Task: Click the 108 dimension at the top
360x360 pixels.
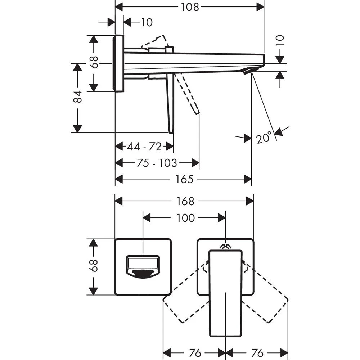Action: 190,7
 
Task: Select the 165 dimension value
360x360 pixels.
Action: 185,179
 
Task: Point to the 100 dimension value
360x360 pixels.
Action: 186,218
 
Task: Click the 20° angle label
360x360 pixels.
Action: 264,138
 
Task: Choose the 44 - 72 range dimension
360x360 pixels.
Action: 144,147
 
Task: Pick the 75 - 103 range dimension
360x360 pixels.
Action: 157,163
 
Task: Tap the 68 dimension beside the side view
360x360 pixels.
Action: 94,63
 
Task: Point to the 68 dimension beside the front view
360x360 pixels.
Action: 94,266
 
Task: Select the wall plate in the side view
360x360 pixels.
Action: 119,63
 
